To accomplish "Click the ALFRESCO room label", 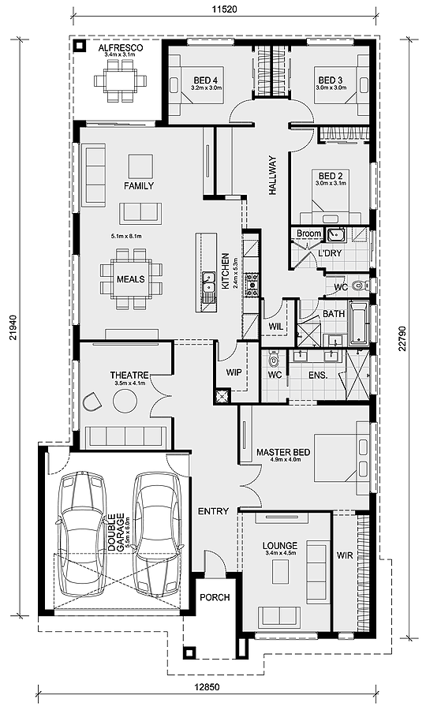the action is (x=121, y=48).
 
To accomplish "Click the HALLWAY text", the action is (x=272, y=176).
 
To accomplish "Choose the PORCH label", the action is (x=215, y=597).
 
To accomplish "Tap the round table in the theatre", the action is (x=125, y=402).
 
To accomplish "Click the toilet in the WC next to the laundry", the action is (x=361, y=286).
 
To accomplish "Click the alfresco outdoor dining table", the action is (x=121, y=81).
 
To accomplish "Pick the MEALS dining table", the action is (x=131, y=279).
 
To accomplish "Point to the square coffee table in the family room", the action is (x=140, y=166).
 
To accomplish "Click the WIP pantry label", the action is (x=234, y=372).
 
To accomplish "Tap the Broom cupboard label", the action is (x=308, y=234).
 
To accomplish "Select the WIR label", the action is (x=345, y=555).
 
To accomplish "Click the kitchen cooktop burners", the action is (x=250, y=284).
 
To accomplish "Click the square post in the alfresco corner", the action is (x=80, y=45).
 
